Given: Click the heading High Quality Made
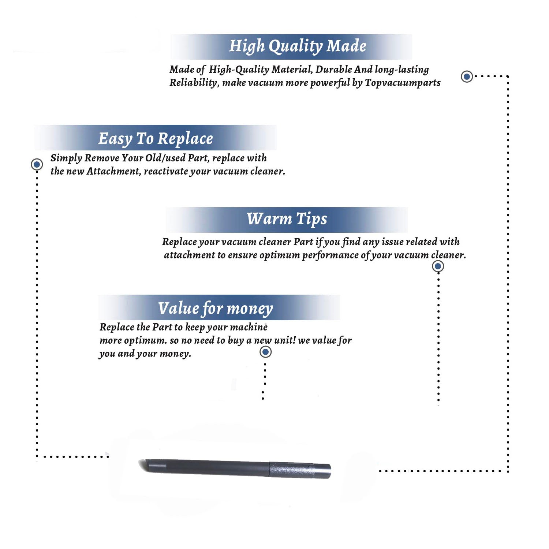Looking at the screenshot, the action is pos(298,46).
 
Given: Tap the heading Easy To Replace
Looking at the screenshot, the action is pos(156,139).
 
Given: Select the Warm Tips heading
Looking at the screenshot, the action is pos(287,219).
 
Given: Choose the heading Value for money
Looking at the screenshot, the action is pos(216,309).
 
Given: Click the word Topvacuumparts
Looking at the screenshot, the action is pos(403,83).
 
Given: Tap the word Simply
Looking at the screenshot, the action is pos(66,158).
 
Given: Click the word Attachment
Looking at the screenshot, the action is pos(114,171).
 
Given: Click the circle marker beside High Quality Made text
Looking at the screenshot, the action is pos(467,76).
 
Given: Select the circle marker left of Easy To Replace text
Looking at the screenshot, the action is pos(37,164).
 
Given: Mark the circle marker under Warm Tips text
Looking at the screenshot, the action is pos(438,266).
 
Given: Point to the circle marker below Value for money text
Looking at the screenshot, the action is pos(265,352).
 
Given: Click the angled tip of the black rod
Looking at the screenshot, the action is pos(141,464).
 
